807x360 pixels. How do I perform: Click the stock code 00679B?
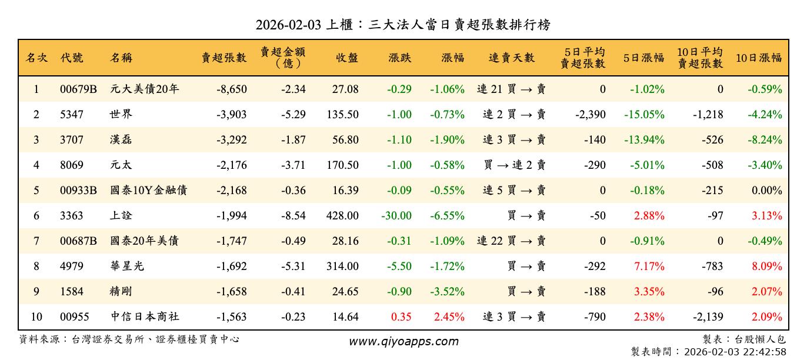tap(78, 89)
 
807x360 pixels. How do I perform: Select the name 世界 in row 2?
tap(121, 115)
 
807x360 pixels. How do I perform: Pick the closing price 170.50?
tap(342, 165)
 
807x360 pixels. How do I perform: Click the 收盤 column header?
tap(347, 58)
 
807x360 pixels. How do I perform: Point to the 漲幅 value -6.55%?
tap(447, 216)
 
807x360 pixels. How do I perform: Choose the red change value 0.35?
tap(401, 317)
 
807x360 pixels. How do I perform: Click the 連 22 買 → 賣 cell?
tap(511, 241)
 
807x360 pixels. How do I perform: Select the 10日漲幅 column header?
tap(758, 58)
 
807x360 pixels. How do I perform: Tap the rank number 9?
tap(36, 292)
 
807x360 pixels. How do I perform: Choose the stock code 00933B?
tap(78, 191)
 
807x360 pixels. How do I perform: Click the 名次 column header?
tap(36, 58)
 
